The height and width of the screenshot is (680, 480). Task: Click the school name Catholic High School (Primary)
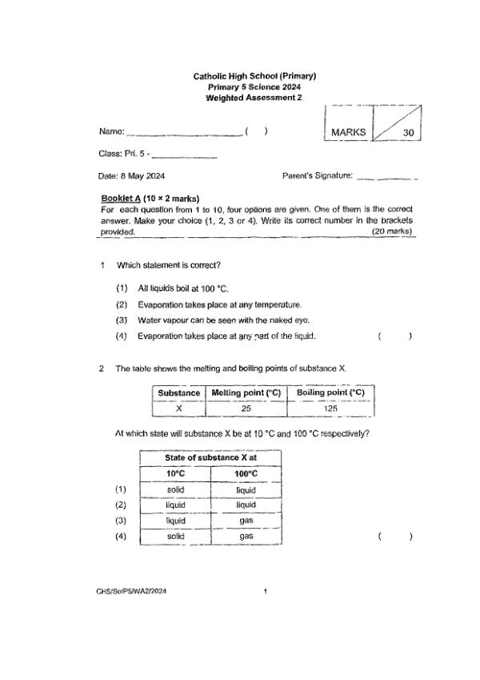click(x=254, y=76)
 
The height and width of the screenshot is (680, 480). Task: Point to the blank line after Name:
click(x=185, y=134)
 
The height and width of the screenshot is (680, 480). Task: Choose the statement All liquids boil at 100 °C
click(x=184, y=289)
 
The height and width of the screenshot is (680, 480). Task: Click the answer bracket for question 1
click(x=394, y=336)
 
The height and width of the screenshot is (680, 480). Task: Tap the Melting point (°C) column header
click(x=247, y=392)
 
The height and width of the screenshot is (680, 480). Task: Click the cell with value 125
click(x=330, y=408)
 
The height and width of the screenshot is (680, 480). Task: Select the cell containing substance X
click(x=178, y=408)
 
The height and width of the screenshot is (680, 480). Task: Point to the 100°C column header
click(x=246, y=473)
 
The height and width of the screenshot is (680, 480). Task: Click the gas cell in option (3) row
click(x=246, y=521)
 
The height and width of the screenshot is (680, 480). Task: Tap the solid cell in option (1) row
click(x=176, y=489)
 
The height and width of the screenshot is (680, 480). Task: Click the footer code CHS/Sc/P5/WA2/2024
click(x=134, y=591)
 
